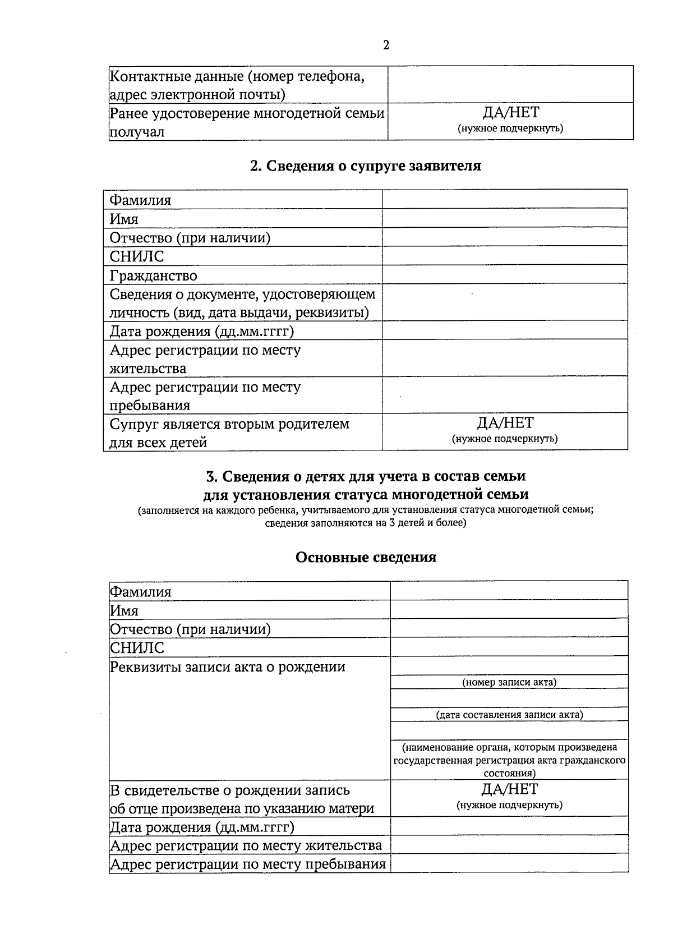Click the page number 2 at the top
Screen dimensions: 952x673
point(386,45)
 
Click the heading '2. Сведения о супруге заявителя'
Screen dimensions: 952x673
point(365,166)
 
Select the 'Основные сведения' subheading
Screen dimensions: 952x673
point(366,557)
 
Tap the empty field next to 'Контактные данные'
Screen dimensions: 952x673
point(510,84)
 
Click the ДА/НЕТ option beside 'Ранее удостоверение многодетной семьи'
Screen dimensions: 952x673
point(510,113)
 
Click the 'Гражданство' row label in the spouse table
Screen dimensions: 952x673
point(153,275)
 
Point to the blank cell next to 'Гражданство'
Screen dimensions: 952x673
point(505,275)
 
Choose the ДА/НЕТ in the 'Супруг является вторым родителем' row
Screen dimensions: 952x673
point(505,423)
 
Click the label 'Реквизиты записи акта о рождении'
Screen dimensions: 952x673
point(227,667)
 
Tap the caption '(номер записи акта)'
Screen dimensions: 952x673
point(509,682)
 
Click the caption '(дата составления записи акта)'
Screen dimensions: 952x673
point(509,715)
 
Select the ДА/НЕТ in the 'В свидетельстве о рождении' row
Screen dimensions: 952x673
point(509,789)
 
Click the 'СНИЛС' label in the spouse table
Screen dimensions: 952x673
point(137,256)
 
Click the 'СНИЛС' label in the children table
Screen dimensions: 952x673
point(137,648)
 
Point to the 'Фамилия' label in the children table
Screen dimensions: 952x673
point(140,592)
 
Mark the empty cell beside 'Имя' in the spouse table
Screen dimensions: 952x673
point(505,218)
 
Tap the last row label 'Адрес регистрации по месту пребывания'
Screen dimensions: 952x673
point(248,864)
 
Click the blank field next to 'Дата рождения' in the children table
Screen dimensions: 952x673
point(509,826)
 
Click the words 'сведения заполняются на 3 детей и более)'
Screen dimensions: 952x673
point(366,523)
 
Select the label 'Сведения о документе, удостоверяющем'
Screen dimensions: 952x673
point(242,294)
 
